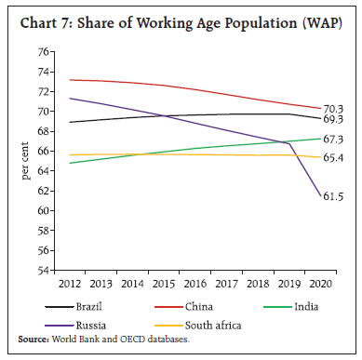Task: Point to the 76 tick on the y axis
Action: (x=43, y=51)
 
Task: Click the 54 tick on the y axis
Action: (x=43, y=271)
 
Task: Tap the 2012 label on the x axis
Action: (x=69, y=283)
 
